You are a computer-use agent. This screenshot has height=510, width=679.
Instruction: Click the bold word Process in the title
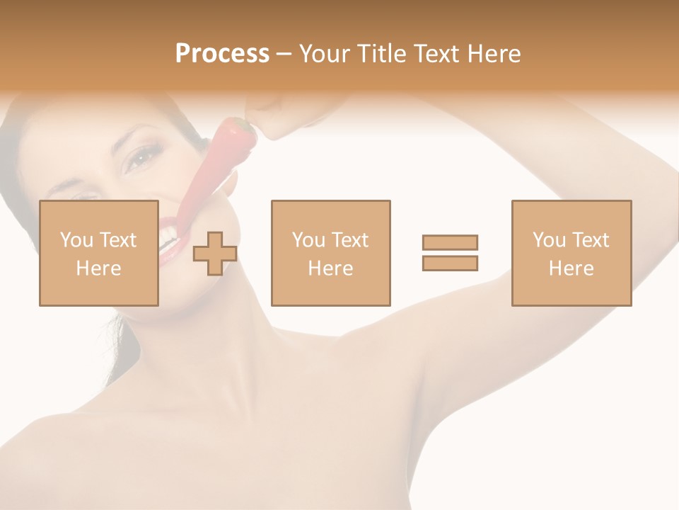tap(222, 54)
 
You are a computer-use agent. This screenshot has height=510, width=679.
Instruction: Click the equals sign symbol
tap(450, 253)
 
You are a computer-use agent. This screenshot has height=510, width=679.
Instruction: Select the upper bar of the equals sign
tap(450, 243)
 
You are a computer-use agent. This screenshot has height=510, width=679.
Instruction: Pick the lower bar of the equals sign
tap(450, 263)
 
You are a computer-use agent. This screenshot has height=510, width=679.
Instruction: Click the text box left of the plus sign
tap(99, 253)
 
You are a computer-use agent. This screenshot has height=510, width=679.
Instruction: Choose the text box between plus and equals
tap(331, 253)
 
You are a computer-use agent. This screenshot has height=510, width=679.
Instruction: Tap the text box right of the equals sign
tap(571, 253)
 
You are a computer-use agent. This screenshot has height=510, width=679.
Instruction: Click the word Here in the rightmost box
tap(571, 268)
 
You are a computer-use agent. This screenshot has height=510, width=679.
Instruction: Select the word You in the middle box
tap(308, 240)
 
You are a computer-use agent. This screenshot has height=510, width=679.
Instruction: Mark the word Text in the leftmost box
tap(117, 240)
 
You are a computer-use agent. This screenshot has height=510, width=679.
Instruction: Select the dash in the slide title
tap(284, 54)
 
